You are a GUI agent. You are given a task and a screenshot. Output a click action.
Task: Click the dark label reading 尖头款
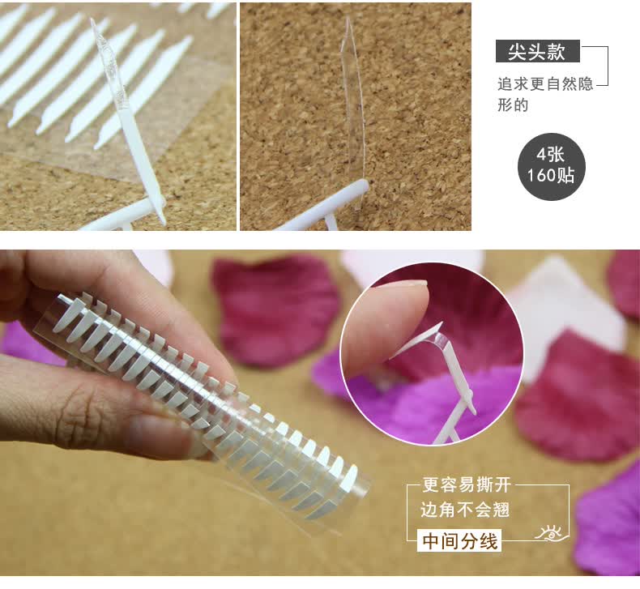(x=538, y=51)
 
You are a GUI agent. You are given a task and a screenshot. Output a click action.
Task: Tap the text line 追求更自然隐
(x=545, y=84)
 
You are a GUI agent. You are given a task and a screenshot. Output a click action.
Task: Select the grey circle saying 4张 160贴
(x=552, y=167)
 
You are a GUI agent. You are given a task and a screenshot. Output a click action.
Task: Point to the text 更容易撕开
(x=467, y=485)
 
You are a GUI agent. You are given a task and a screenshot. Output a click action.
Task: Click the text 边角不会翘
(x=465, y=510)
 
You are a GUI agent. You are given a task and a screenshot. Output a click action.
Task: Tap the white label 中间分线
(x=460, y=542)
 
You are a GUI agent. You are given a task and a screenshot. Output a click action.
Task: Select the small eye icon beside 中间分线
(x=552, y=532)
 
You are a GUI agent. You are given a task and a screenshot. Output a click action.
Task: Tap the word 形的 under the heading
(x=513, y=105)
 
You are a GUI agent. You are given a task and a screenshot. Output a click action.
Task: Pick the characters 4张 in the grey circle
(x=551, y=155)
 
